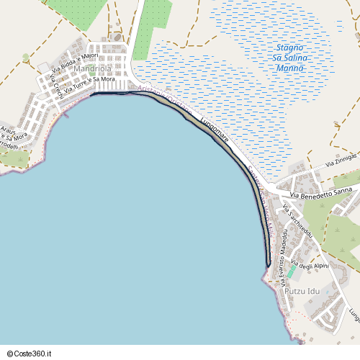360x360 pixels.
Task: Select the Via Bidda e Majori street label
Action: pyautogui.click(x=75, y=62)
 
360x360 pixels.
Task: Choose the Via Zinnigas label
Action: pyautogui.click(x=341, y=160)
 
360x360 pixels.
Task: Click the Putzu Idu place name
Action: pyautogui.click(x=302, y=291)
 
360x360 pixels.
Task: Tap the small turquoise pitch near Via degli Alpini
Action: pyautogui.click(x=291, y=273)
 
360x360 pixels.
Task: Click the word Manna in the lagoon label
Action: pyautogui.click(x=289, y=68)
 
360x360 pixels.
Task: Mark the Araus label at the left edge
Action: pyautogui.click(x=7, y=131)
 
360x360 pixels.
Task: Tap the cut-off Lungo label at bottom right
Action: pyautogui.click(x=353, y=314)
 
